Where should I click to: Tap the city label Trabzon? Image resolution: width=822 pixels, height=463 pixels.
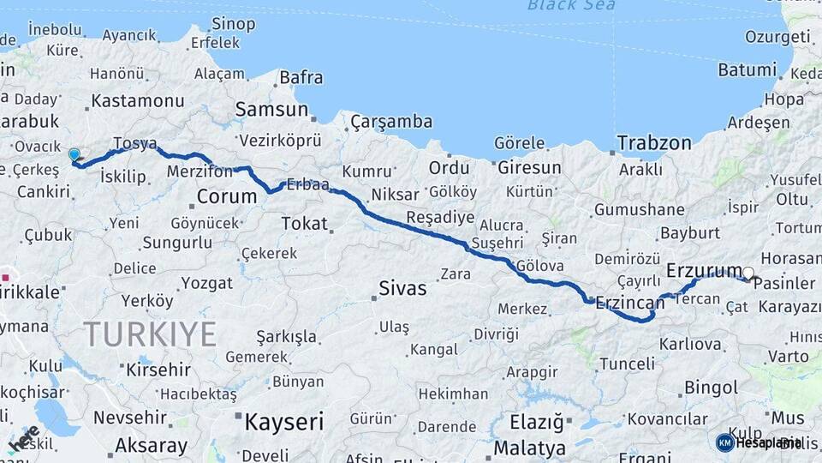click(654, 142)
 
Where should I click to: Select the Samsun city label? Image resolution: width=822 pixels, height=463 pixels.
click(271, 109)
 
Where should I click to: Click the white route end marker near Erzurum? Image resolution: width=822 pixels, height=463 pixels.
click(748, 274)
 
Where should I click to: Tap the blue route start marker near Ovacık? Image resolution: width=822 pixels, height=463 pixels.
click(74, 155)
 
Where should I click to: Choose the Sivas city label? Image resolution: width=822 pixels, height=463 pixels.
click(402, 289)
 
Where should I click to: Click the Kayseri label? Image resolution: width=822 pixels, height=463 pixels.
click(283, 422)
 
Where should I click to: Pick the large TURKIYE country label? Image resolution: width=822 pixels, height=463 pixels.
click(150, 334)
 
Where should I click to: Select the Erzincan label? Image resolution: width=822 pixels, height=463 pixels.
click(629, 303)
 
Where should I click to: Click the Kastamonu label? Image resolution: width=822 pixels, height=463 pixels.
click(137, 100)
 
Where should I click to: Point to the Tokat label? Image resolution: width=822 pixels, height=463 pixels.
click(304, 224)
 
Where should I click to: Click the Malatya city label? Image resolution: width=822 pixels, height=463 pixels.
click(529, 448)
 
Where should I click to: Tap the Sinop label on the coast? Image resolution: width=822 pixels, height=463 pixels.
click(233, 23)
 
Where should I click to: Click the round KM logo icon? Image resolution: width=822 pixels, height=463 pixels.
click(724, 442)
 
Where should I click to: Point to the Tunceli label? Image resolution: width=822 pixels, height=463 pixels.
click(627, 364)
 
